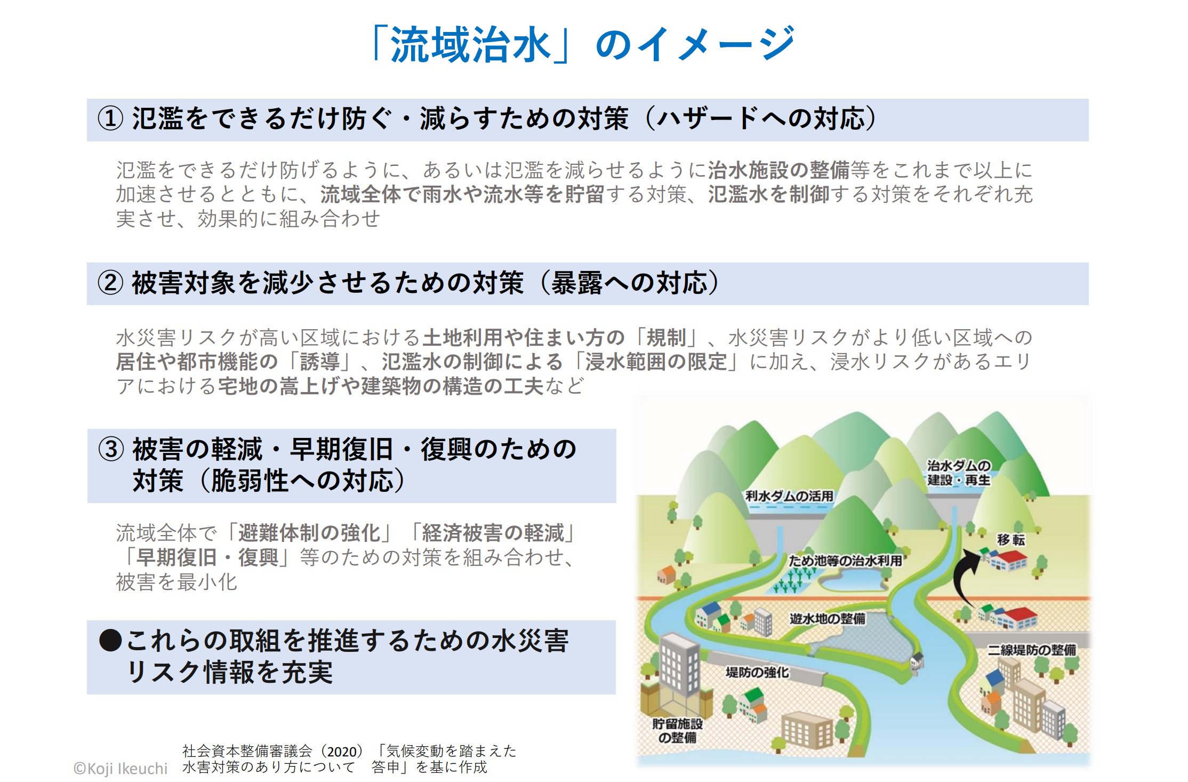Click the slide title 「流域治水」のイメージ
(x=583, y=44)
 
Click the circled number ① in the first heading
(x=110, y=118)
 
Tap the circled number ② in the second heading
(x=110, y=283)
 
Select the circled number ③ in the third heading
(x=111, y=449)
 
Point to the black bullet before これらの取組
(x=110, y=640)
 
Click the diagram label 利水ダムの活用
(x=789, y=496)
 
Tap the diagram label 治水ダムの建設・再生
(x=958, y=473)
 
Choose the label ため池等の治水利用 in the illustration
(x=845, y=561)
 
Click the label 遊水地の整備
(x=827, y=618)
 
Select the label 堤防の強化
(x=757, y=672)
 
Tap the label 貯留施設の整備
(x=677, y=731)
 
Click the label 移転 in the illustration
(x=1011, y=540)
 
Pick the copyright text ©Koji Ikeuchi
(x=121, y=768)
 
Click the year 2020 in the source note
(x=341, y=752)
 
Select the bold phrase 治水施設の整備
(x=778, y=170)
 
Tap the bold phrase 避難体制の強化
(x=309, y=533)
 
